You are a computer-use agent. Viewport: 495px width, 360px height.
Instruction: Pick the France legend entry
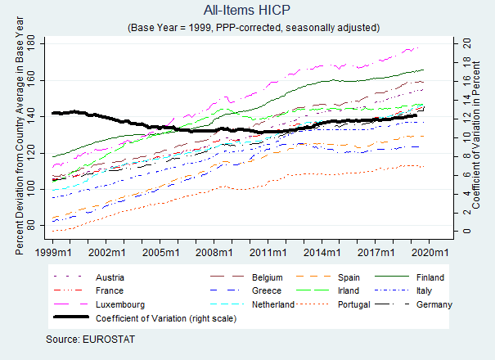point(110,290)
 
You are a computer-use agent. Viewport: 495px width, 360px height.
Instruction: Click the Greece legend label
point(267,290)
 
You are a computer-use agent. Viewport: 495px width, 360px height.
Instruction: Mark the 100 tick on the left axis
point(41,189)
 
